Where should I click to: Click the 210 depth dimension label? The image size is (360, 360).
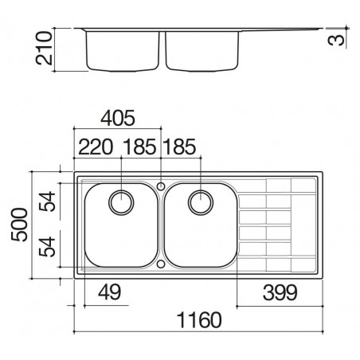click(x=44, y=48)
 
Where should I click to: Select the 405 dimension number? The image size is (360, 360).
click(x=118, y=118)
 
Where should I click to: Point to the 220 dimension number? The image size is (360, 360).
click(x=96, y=147)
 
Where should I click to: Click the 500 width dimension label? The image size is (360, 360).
click(x=19, y=225)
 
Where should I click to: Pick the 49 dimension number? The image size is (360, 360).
click(x=109, y=292)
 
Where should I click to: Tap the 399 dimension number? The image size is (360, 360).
click(x=280, y=292)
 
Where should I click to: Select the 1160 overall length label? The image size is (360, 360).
click(x=199, y=320)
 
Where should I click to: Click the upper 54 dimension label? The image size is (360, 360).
click(x=47, y=202)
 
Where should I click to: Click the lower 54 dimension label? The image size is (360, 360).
click(x=47, y=247)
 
